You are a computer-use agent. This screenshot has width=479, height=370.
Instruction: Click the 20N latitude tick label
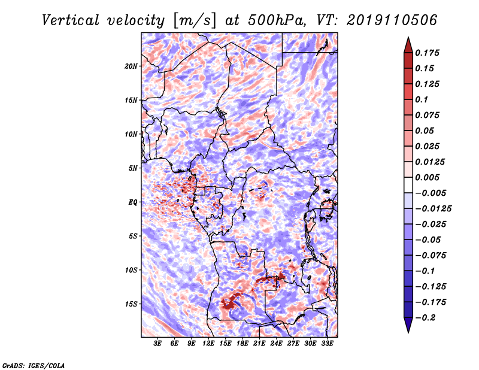coord(131,66)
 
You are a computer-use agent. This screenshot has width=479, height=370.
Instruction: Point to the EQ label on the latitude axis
coord(133,202)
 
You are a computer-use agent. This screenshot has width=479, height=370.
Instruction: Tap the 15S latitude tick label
coord(131,304)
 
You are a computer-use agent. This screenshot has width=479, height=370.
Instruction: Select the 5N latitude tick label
coord(133,168)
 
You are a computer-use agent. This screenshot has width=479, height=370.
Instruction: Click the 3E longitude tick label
coord(157,344)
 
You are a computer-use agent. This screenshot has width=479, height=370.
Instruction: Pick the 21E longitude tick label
coord(259,344)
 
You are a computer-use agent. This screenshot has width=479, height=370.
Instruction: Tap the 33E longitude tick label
coord(327,344)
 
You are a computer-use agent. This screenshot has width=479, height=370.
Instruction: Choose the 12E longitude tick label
coord(208,344)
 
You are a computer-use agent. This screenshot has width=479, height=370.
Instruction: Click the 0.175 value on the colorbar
coord(427,53)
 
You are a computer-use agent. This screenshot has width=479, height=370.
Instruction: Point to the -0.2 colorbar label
coord(425,318)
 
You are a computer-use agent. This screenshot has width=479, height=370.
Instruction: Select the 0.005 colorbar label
coord(427,177)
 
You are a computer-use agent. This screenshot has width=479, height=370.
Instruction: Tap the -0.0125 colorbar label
coord(433,209)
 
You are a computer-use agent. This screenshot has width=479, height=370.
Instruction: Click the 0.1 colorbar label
coord(422,99)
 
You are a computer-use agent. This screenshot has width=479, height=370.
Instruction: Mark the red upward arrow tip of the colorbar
coord(408,37)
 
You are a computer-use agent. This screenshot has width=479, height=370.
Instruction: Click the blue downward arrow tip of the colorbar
coord(408,332)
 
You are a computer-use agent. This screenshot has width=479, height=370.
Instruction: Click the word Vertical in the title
coord(70,20)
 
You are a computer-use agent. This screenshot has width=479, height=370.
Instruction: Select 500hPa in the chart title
coord(277,20)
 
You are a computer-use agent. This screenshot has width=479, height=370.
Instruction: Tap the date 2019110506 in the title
coord(392,20)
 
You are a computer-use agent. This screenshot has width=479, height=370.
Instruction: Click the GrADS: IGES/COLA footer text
coord(34,366)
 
